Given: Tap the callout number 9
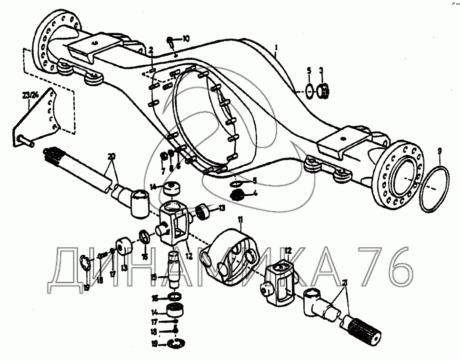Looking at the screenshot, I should point(440,151).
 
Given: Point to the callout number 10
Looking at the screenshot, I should point(185,38).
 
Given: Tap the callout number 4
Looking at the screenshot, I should point(256,193).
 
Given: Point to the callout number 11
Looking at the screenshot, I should point(240,220).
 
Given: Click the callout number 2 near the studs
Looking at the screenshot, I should point(150,50).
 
